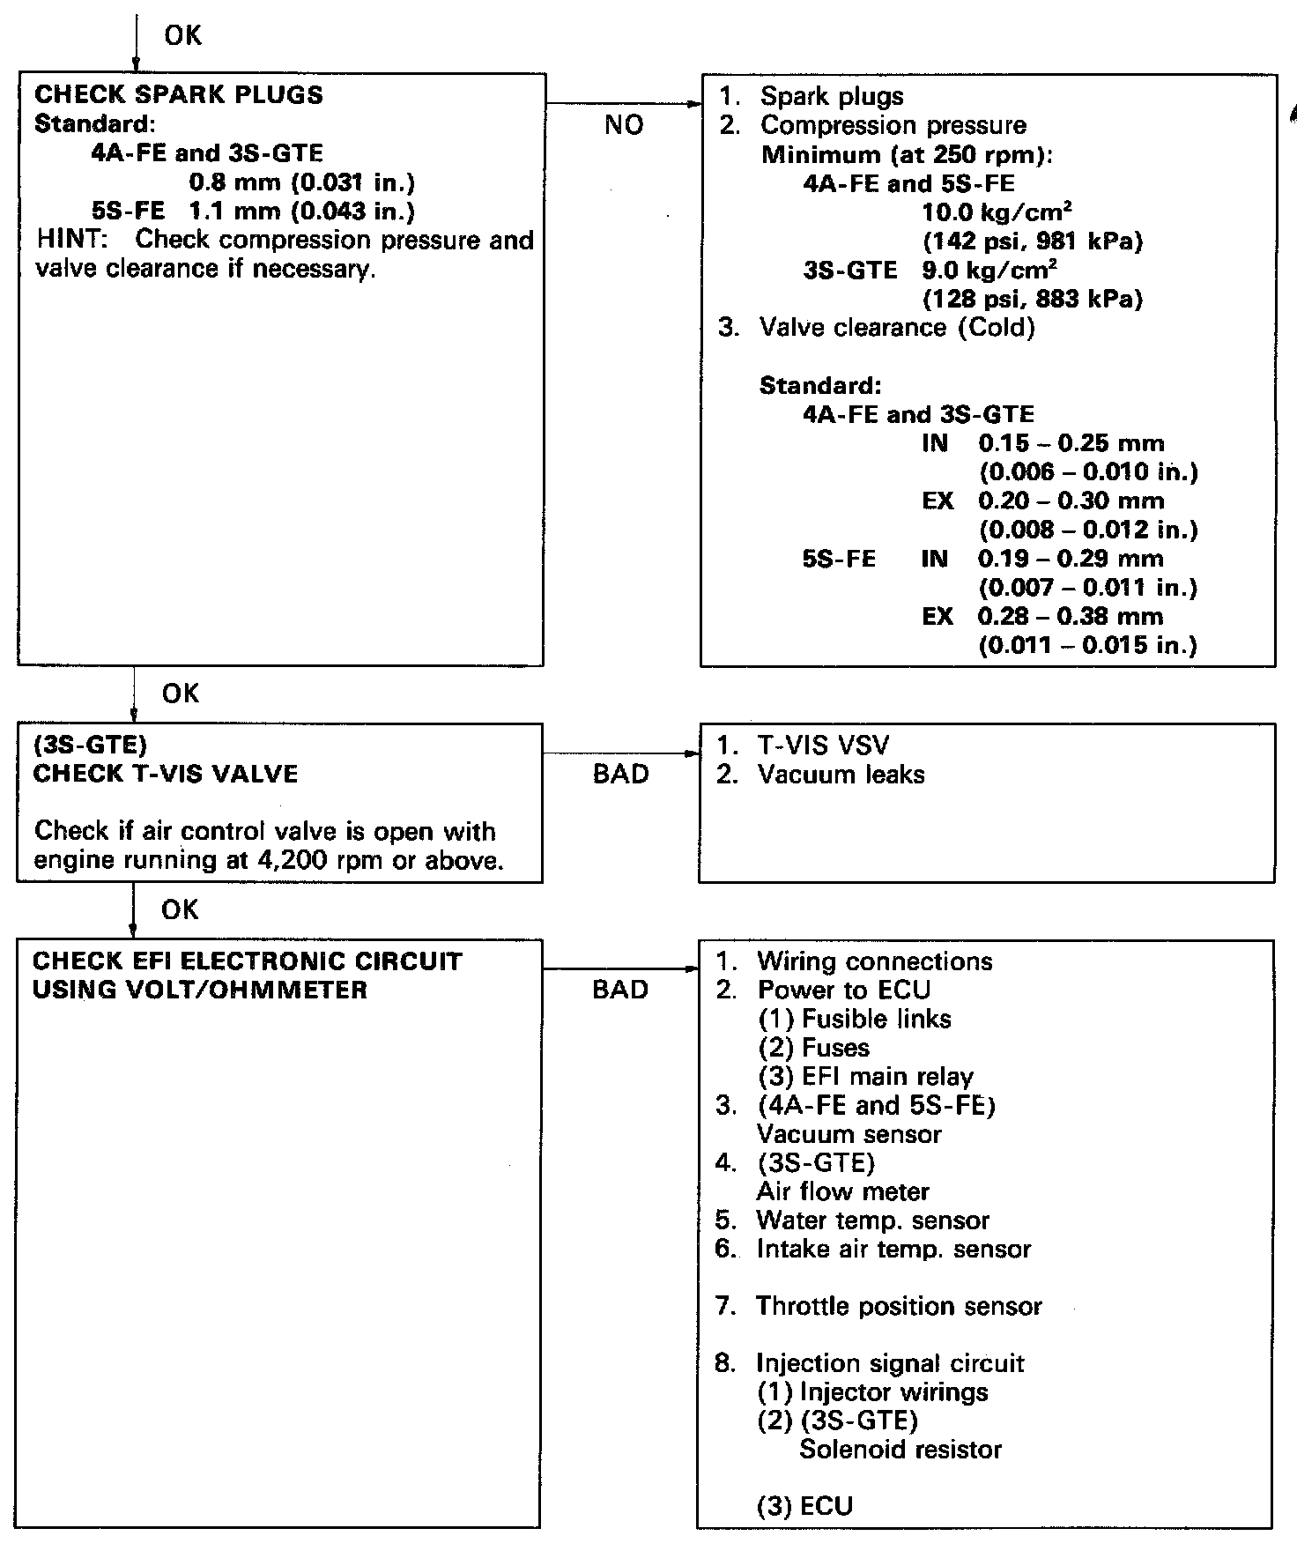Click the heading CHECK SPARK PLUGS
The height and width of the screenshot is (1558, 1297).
tap(178, 95)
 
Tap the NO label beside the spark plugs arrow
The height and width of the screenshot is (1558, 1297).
tap(624, 125)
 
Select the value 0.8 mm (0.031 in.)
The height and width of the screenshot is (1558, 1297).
tap(302, 182)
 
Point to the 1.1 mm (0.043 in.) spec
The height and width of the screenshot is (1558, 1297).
tap(302, 211)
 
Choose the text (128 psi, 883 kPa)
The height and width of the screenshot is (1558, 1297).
tap(1032, 299)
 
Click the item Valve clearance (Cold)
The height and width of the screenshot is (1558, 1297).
tap(897, 328)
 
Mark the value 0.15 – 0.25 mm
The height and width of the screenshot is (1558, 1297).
tap(1071, 443)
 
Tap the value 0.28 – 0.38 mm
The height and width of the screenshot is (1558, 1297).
tap(1071, 616)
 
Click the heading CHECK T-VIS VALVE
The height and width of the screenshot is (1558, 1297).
tap(166, 774)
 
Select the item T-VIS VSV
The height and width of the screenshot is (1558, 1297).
tap(823, 746)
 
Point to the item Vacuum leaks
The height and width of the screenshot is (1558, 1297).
tap(841, 775)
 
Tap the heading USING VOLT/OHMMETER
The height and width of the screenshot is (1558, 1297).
tap(200, 990)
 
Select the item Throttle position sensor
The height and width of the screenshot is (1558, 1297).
tap(899, 1306)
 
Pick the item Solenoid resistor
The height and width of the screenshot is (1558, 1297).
tap(900, 1450)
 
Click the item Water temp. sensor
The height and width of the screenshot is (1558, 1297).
tap(872, 1220)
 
